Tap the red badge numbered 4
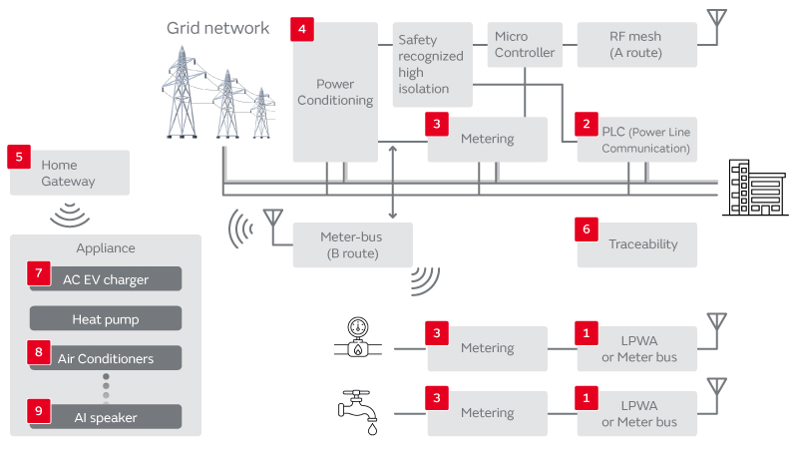coord(303,29)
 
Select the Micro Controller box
coord(525,45)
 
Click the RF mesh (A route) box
coord(636,45)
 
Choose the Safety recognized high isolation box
coord(432,65)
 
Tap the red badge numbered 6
coord(589,228)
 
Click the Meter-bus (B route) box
coord(351,244)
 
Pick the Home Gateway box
coord(70,173)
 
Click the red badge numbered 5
coord(19,156)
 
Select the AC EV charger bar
coord(106,279)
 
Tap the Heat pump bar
coord(106,319)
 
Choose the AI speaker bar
coord(106,417)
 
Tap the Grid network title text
coord(217,28)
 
